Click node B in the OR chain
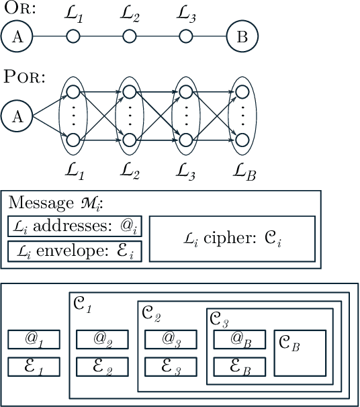point(242,38)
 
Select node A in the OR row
point(18,38)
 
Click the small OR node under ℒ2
point(130,38)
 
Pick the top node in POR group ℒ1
point(73,92)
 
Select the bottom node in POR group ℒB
point(242,140)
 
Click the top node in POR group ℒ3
point(186,92)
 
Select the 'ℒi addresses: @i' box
point(75,227)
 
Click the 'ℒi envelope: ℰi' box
point(75,251)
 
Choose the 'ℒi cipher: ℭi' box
point(232,238)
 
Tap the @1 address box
point(34,340)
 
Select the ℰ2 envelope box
point(102,367)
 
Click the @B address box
point(240,340)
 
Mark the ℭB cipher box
point(300,353)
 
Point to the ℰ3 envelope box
point(171,367)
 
